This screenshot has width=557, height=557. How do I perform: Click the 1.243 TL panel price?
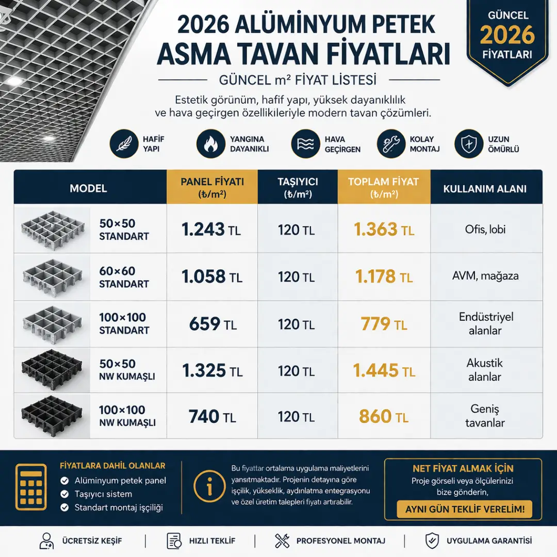211,230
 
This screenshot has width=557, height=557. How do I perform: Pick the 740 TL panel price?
211,416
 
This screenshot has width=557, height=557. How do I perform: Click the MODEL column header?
88,188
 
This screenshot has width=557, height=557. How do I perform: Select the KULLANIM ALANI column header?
485,189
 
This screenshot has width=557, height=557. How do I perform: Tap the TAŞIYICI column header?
298,188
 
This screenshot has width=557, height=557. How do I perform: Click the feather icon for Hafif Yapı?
123,144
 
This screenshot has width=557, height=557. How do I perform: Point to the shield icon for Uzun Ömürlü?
468,144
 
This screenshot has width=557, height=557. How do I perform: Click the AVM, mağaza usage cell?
485,276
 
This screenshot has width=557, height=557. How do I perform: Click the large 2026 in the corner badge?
507,35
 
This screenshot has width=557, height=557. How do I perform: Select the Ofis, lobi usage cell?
485,230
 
